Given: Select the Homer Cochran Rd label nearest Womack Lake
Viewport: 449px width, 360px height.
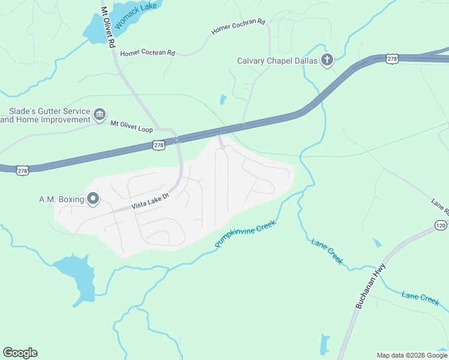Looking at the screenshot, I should pyautogui.click(x=148, y=53).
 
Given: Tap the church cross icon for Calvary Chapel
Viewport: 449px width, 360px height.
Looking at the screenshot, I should pyautogui.click(x=327, y=60).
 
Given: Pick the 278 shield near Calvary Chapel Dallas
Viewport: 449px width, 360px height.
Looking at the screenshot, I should pyautogui.click(x=392, y=58).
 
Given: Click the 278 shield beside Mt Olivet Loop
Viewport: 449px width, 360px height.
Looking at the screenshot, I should pyautogui.click(x=158, y=145).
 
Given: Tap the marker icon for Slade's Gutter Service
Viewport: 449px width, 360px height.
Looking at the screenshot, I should pyautogui.click(x=100, y=113).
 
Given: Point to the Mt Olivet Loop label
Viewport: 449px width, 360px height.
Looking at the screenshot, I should pyautogui.click(x=131, y=126).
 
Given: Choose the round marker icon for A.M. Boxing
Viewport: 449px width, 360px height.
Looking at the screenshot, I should pyautogui.click(x=93, y=199).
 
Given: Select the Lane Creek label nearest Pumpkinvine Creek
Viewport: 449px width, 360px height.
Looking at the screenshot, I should pyautogui.click(x=327, y=251).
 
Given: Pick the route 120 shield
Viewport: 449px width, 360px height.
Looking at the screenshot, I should pyautogui.click(x=441, y=224).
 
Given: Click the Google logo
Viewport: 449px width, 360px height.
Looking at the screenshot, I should pyautogui.click(x=20, y=353).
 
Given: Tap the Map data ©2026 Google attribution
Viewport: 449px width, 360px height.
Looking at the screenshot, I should pyautogui.click(x=412, y=355).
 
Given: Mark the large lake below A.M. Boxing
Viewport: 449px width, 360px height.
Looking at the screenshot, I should pyautogui.click(x=76, y=276).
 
